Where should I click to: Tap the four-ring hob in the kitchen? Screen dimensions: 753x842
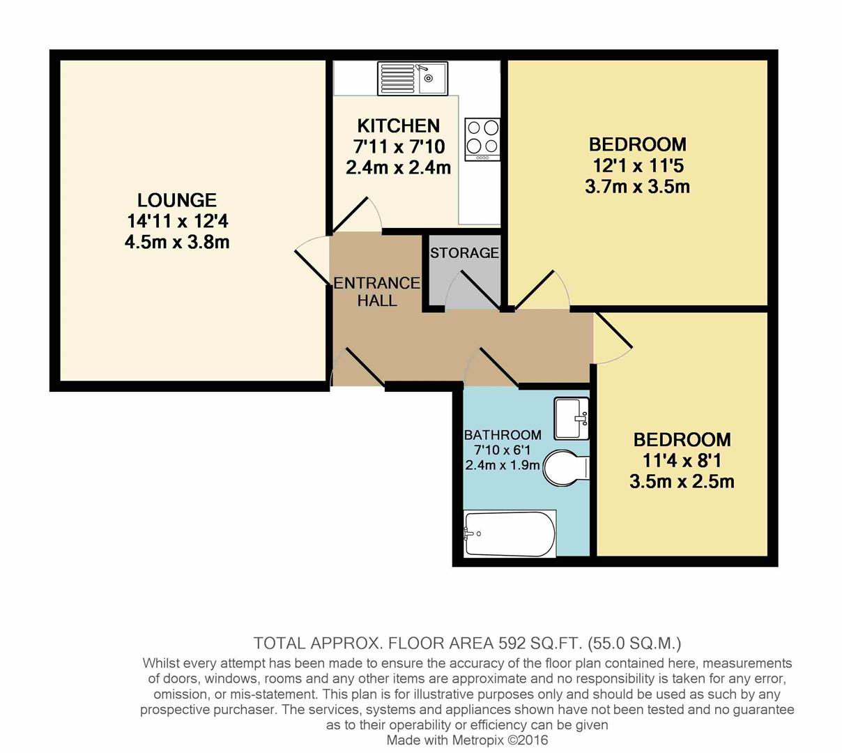[x=482, y=139]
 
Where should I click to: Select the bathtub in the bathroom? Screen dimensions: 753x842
[x=510, y=534]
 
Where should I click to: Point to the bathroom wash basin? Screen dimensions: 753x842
[x=572, y=418]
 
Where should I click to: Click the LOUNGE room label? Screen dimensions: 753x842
[x=177, y=201]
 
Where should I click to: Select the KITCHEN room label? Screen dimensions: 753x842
[x=398, y=126]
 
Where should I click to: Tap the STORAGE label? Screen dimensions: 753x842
[x=464, y=253]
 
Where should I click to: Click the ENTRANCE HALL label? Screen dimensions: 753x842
[x=376, y=291]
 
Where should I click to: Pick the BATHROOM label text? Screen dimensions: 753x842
[x=503, y=435]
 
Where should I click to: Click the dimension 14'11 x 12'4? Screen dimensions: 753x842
[x=177, y=222]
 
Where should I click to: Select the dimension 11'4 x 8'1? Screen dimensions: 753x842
[x=682, y=461]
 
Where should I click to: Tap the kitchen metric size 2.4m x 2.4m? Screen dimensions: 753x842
[x=398, y=168]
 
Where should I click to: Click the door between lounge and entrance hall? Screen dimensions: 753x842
[x=310, y=261]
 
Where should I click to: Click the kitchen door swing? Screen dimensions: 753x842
[x=359, y=215]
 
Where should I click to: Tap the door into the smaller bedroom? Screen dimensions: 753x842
[x=612, y=339]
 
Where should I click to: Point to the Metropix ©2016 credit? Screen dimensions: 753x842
[x=502, y=740]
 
